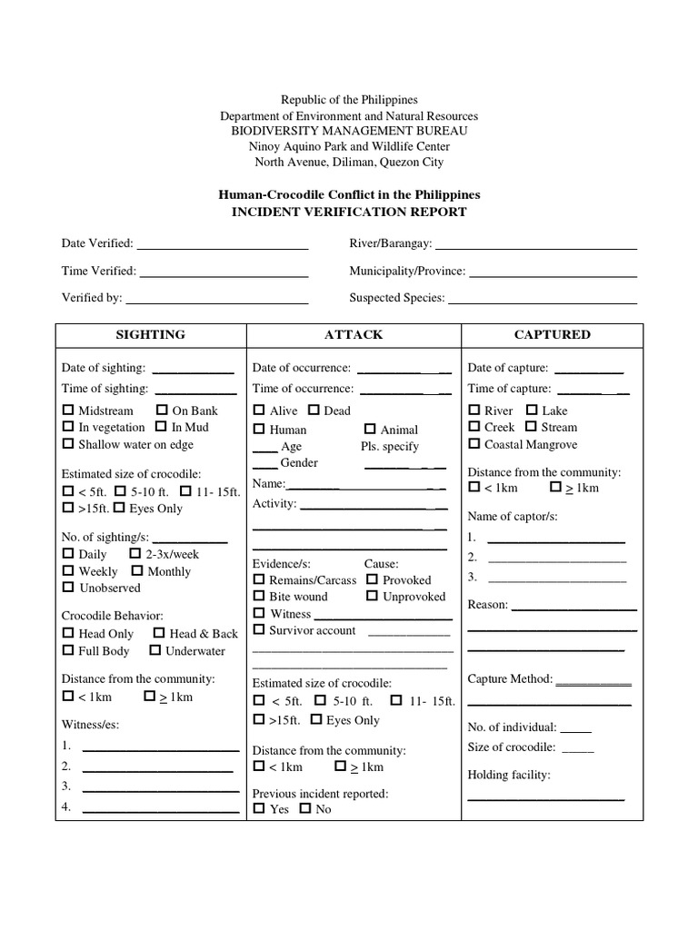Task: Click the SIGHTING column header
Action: pyautogui.click(x=150, y=334)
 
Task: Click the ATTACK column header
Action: pyautogui.click(x=354, y=334)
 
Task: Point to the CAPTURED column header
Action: pyautogui.click(x=552, y=334)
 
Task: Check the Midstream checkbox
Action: pyautogui.click(x=68, y=411)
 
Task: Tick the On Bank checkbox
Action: pyautogui.click(x=162, y=411)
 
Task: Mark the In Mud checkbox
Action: pyautogui.click(x=161, y=427)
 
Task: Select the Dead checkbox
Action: pyautogui.click(x=314, y=411)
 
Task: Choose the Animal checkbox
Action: pyautogui.click(x=370, y=430)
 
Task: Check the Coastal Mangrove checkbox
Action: pyautogui.click(x=474, y=444)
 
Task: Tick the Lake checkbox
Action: pyautogui.click(x=532, y=411)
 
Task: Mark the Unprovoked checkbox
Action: pyautogui.click(x=373, y=597)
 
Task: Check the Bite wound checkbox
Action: pyautogui.click(x=259, y=597)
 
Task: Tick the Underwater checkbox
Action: pyautogui.click(x=155, y=650)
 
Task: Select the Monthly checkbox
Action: pyautogui.click(x=137, y=571)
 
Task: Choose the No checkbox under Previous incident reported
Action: pyautogui.click(x=304, y=808)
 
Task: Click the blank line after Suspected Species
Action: pyautogui.click(x=543, y=302)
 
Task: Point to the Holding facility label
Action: pyautogui.click(x=509, y=775)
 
